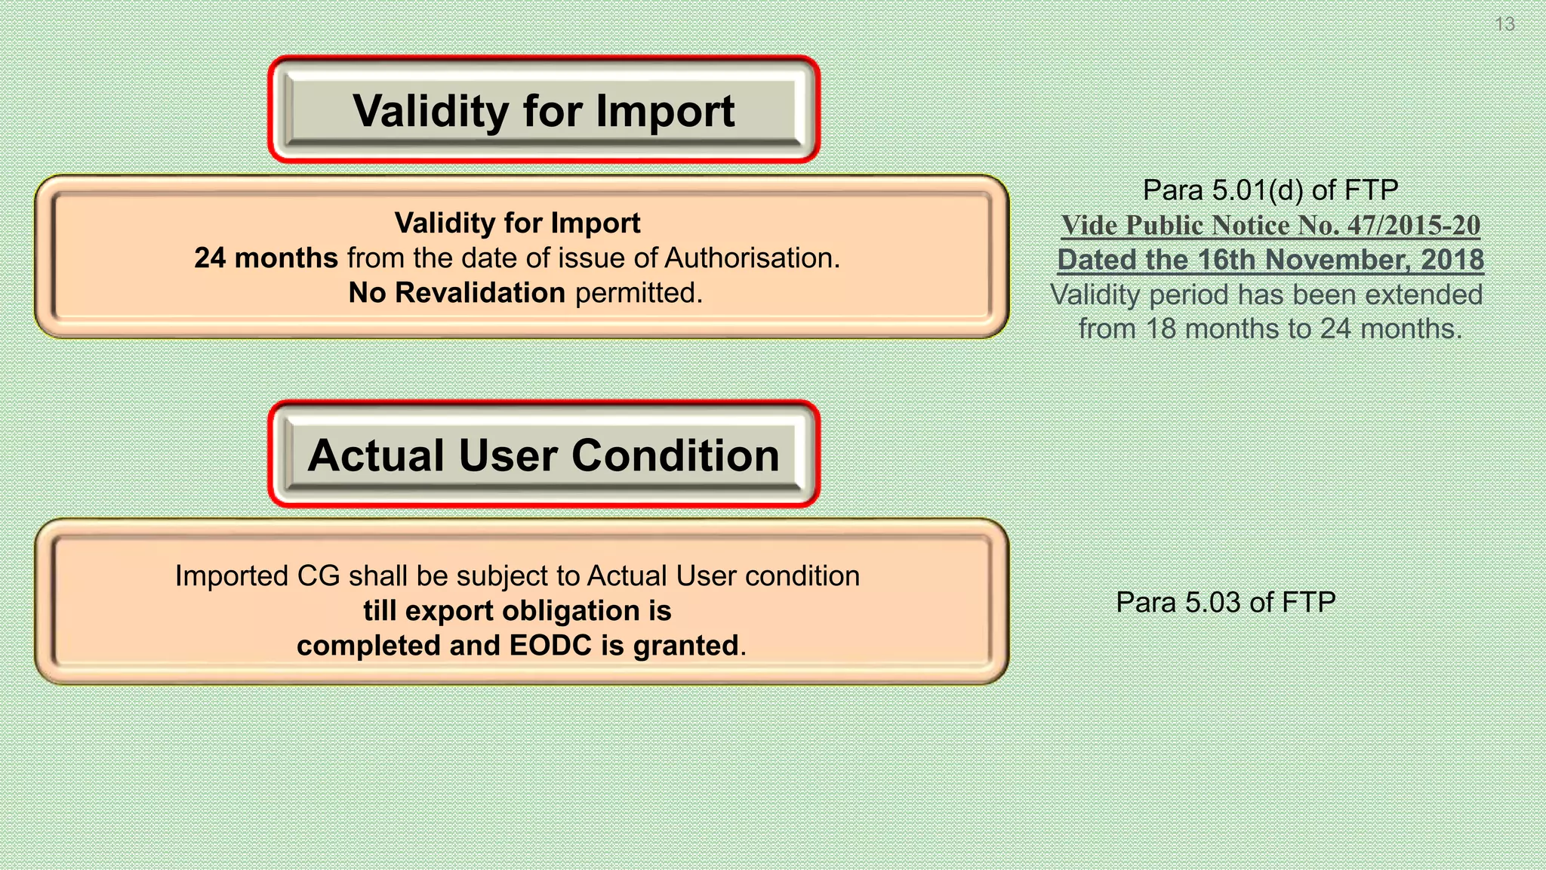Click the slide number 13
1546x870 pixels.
pos(1504,24)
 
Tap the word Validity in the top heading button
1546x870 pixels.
pos(430,112)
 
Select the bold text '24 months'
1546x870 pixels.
pos(266,258)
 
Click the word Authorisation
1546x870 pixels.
pos(751,258)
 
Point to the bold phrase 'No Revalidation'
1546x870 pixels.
pos(457,293)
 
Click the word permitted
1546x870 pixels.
pos(638,293)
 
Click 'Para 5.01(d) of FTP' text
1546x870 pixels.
pos(1270,190)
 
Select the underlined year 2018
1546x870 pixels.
pos(1452,260)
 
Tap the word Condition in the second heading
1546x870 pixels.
pos(675,456)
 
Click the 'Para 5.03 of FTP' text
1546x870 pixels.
pos(1226,603)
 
